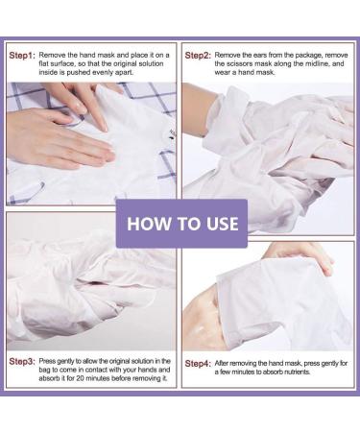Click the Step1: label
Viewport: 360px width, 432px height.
point(22,56)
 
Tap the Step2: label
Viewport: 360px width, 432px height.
point(198,56)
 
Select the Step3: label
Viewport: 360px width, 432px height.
point(22,362)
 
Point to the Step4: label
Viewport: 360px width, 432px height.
point(198,364)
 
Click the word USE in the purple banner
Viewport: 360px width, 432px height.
point(223,224)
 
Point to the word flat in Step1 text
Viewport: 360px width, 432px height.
point(44,63)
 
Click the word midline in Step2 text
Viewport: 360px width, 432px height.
point(317,63)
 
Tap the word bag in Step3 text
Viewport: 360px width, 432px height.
point(45,370)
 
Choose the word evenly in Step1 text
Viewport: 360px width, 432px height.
point(102,72)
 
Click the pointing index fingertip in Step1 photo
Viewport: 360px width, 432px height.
point(104,128)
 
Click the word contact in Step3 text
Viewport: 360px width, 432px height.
point(99,370)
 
